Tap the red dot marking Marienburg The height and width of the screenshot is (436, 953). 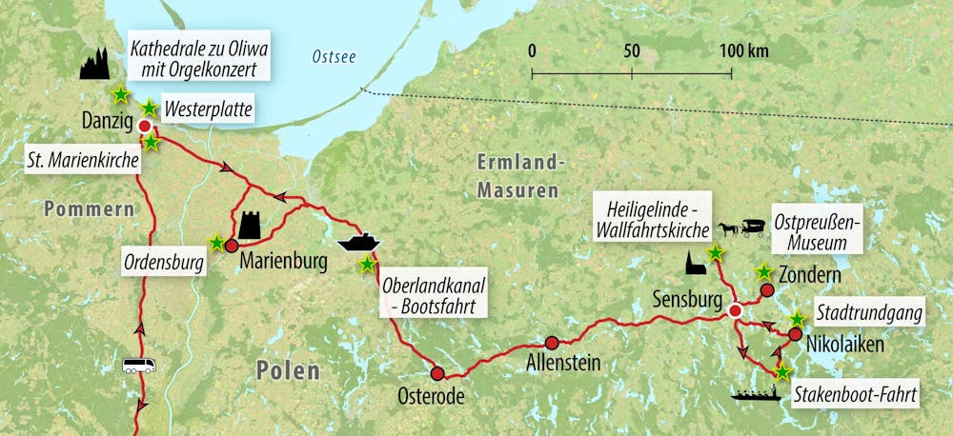pos(231,246)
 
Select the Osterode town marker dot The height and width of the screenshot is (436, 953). pos(437,373)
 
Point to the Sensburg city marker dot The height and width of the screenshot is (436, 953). pos(735,311)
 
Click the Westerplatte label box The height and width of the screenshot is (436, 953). pos(208,111)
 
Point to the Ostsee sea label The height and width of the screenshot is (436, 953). pos(334,58)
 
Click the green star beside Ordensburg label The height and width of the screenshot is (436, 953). pos(218,243)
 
